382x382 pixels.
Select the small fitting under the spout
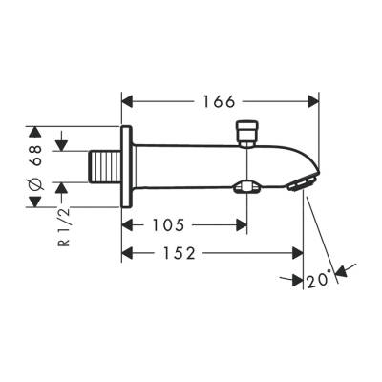tap(248, 186)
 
